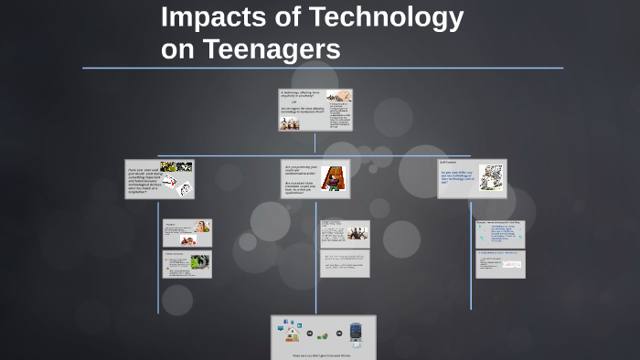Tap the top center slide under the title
[315, 110]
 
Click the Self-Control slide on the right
[472, 178]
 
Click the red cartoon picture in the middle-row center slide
[335, 177]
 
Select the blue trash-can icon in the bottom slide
[357, 332]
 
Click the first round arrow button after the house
[310, 334]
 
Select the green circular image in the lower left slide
[199, 265]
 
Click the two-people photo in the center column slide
[356, 232]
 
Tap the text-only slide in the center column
[345, 263]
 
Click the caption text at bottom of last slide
[323, 354]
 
